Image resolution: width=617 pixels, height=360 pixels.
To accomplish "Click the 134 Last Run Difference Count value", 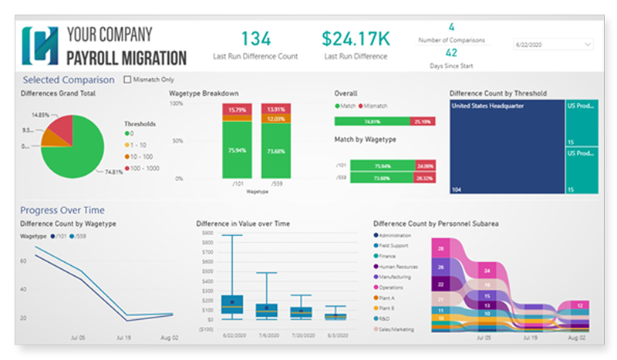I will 255,39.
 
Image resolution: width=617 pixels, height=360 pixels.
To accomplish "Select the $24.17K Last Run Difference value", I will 356,39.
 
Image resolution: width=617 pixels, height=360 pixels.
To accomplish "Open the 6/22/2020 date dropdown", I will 552,45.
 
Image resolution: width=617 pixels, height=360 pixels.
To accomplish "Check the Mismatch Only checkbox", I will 128,79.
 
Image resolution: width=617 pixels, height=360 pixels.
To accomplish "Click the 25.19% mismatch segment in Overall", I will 421,121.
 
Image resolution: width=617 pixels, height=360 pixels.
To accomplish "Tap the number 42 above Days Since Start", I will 451,53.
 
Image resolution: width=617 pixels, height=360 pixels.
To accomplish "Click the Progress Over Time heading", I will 62,210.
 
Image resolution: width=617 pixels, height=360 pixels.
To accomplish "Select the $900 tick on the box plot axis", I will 207,232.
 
